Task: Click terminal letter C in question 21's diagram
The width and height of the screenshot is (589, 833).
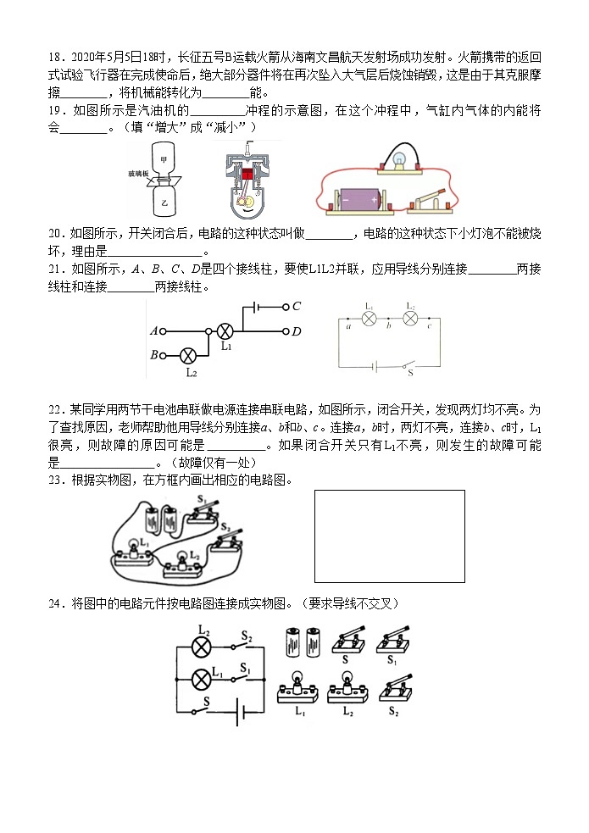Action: tap(296, 307)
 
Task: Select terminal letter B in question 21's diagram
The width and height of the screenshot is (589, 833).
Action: tap(154, 354)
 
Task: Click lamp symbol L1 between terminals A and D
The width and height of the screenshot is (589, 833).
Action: tap(225, 331)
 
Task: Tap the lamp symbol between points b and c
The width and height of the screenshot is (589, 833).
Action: tap(410, 318)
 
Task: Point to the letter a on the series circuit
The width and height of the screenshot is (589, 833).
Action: tap(347, 326)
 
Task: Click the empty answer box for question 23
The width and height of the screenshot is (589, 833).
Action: tap(389, 536)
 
